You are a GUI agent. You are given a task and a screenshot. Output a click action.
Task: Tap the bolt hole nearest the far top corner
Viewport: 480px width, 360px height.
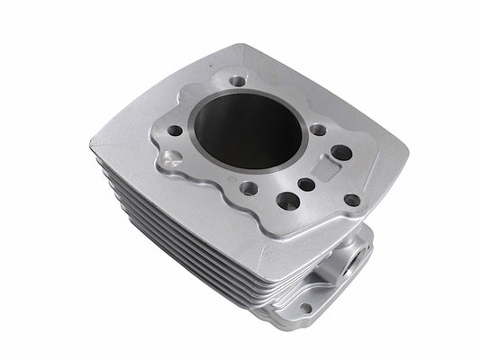click(x=237, y=81)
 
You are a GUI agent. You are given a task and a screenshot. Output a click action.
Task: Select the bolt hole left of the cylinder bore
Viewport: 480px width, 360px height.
click(x=175, y=131)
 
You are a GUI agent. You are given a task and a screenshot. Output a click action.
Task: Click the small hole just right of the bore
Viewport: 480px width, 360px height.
click(x=318, y=130)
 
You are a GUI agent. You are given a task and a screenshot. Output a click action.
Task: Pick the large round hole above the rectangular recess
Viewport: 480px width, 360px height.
click(x=341, y=153)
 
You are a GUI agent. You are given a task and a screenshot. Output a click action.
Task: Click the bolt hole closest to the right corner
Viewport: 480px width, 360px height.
click(x=352, y=200)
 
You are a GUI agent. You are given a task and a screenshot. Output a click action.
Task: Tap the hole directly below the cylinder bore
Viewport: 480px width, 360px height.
click(x=249, y=188)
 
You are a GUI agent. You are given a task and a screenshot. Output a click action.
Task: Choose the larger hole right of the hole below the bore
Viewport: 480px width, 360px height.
click(x=286, y=201)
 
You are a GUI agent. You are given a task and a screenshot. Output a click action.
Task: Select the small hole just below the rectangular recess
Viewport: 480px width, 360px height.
click(x=307, y=184)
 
